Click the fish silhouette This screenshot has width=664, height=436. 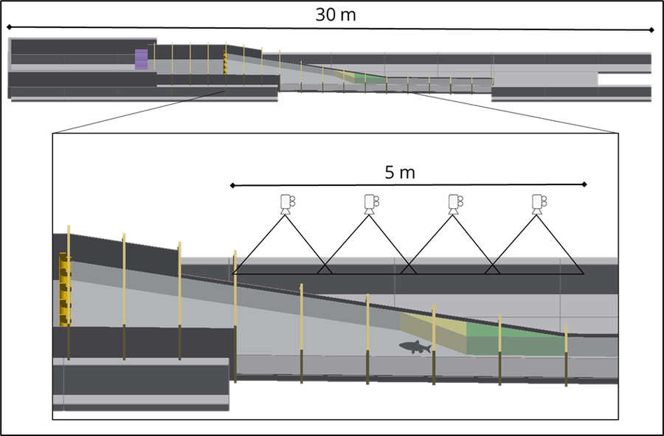[415, 347]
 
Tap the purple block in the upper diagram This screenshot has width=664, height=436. [142, 60]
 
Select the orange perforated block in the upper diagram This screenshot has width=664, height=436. [225, 63]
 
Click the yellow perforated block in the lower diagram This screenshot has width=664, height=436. [65, 290]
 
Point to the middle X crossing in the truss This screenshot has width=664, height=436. [408, 266]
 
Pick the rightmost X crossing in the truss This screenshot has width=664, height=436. [492, 266]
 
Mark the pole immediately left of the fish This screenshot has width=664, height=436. [367, 339]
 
